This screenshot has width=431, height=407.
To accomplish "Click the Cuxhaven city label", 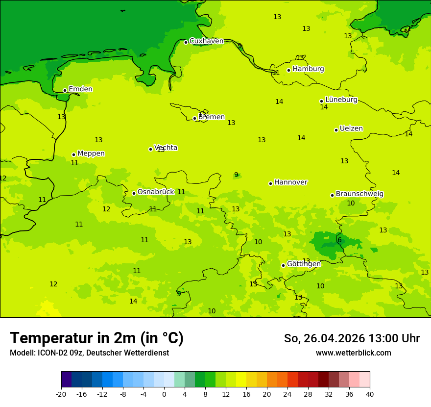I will (206, 41).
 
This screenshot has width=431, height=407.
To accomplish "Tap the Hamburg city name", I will (308, 69).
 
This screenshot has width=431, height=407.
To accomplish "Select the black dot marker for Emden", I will (65, 90).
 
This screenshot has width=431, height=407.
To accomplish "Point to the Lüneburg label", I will (341, 100).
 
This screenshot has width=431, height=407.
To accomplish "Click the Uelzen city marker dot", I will (336, 130).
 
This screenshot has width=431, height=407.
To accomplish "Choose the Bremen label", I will (211, 117).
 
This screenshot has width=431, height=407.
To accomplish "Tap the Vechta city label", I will (166, 148).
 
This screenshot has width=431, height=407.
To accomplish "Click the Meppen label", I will (91, 153).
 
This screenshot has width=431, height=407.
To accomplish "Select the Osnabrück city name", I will (155, 192).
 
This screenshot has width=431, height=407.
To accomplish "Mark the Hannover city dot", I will (270, 183).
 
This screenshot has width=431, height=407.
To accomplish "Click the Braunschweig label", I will (359, 194).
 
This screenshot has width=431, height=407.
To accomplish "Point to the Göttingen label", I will (304, 264).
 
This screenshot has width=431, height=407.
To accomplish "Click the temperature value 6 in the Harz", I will (339, 240).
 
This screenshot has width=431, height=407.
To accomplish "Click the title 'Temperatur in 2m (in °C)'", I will (96, 338).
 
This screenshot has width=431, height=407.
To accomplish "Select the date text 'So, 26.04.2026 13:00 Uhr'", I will (351, 338).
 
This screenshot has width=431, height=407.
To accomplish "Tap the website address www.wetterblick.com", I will (353, 353).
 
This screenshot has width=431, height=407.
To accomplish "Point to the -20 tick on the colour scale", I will (61, 394).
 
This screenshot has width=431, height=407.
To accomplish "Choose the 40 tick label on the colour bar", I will (370, 394).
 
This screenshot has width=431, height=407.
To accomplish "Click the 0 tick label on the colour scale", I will (164, 394).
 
